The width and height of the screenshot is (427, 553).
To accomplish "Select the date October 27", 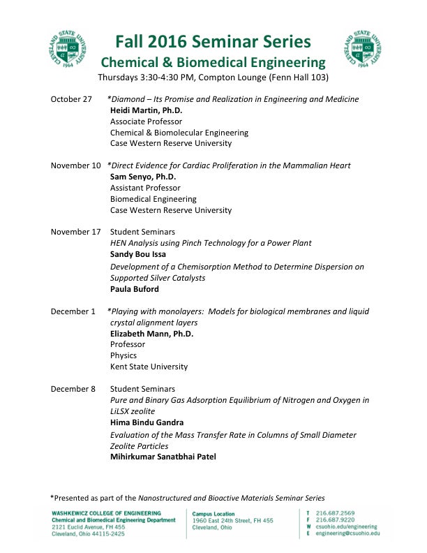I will point(71,99).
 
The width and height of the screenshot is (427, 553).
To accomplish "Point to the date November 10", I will point(75,165).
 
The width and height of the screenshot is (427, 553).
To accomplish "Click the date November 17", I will point(75,232).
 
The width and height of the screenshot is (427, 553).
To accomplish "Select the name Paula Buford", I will point(135,288).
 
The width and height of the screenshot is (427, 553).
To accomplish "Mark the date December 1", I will point(73,311).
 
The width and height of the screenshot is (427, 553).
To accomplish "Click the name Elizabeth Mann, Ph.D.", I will point(152,334).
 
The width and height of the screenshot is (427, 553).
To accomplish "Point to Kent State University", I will point(149,367).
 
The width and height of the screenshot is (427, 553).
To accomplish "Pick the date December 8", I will point(73,389).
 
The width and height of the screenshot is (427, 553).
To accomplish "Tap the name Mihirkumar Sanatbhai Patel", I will point(163,457).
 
